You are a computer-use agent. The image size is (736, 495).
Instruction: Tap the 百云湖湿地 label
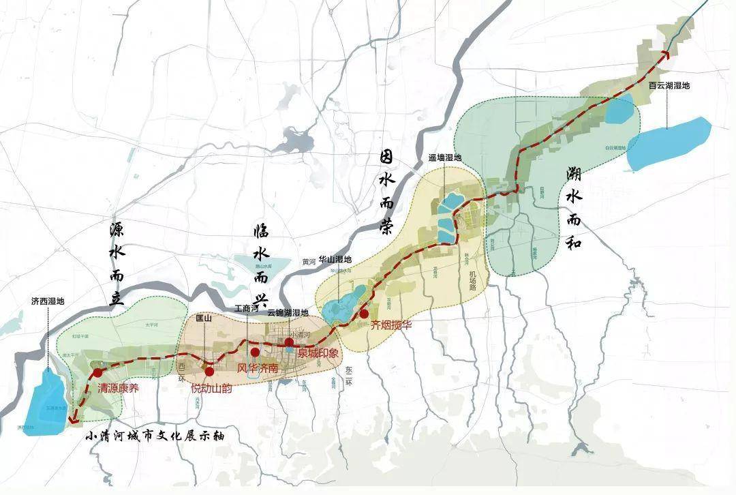(669, 86)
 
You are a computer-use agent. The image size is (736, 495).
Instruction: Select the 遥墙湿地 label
(444, 158)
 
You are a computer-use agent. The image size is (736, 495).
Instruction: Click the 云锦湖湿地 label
(288, 312)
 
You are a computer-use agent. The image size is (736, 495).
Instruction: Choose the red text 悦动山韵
(211, 389)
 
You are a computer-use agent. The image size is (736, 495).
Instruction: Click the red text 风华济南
(258, 368)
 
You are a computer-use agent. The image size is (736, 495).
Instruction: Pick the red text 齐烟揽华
(391, 326)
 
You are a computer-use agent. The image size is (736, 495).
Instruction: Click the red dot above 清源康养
(98, 373)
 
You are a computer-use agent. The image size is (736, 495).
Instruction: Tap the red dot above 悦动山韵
(209, 372)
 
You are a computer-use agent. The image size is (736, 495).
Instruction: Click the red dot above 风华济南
(255, 352)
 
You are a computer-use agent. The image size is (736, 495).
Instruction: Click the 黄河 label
(309, 261)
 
